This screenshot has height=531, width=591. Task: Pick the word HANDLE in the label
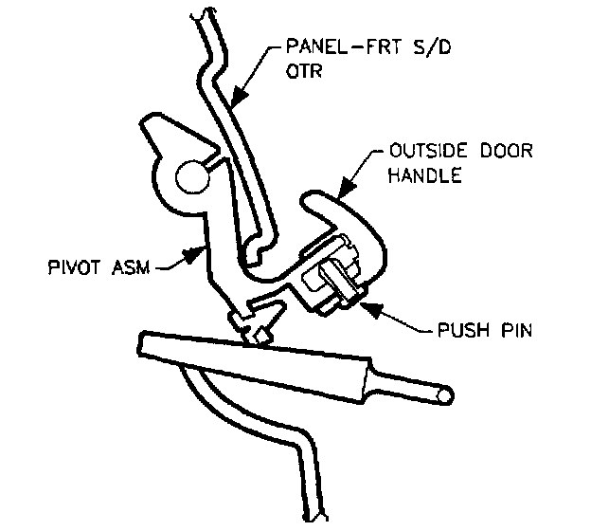(423, 176)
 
